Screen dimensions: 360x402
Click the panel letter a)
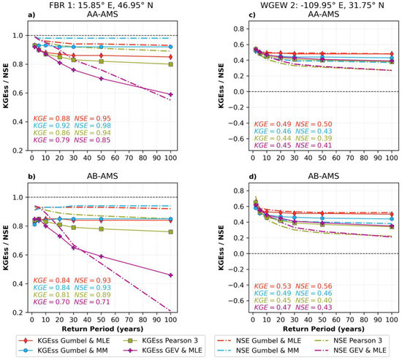point(10,15)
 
